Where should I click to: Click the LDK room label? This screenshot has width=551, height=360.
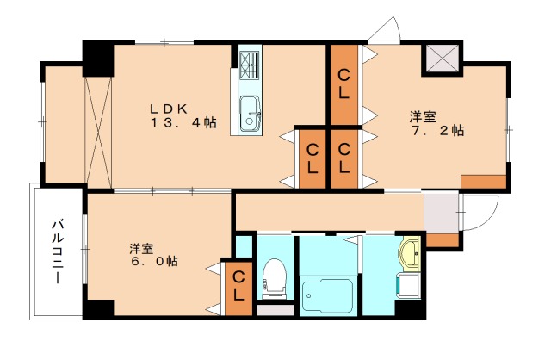click(x=169, y=109)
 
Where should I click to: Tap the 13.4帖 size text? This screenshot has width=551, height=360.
click(x=183, y=122)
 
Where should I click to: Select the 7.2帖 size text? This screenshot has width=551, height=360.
click(x=437, y=130)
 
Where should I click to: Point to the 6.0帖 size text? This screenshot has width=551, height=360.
click(x=154, y=261)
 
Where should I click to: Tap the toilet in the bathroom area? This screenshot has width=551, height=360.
click(x=275, y=278)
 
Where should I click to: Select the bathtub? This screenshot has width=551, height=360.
click(x=327, y=295)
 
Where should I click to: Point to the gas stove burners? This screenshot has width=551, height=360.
click(x=250, y=65)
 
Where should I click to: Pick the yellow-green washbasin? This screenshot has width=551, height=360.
click(x=410, y=254)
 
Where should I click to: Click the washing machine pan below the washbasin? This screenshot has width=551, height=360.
click(x=409, y=286)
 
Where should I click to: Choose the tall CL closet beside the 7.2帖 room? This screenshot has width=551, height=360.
click(x=344, y=84)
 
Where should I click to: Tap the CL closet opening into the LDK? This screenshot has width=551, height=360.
click(x=312, y=159)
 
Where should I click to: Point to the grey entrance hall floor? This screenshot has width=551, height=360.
click(x=441, y=212)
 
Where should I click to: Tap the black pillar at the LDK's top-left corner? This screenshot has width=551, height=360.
click(x=98, y=59)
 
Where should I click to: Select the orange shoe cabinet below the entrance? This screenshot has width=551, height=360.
click(x=443, y=239)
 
